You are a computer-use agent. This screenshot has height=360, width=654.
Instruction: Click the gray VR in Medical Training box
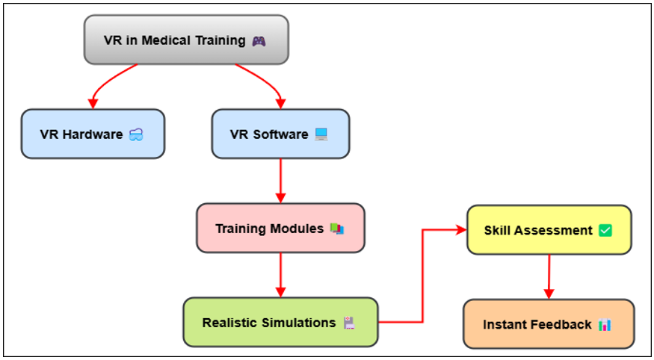pos(186,40)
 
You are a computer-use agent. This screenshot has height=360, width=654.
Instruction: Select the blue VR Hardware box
pos(93,134)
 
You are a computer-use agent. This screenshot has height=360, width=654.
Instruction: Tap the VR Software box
pos(280,134)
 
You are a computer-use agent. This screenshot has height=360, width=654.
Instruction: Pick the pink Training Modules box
pos(281,228)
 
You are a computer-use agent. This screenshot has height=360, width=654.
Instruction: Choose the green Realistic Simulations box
pos(281,322)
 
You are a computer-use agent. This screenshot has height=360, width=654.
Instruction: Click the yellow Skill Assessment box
pos(549,229)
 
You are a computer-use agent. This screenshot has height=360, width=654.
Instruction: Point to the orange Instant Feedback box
pos(549,323)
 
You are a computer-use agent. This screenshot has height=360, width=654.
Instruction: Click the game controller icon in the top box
pos(259,41)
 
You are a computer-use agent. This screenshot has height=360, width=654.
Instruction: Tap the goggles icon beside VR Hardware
pos(136,134)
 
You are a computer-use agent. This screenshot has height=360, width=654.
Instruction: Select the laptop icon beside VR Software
pos(321,134)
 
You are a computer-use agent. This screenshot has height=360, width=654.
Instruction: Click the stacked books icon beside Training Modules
pos(337,229)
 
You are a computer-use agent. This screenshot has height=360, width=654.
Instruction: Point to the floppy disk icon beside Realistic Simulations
pos(349,323)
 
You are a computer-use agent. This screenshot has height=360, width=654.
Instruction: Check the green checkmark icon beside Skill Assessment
pos(605,231)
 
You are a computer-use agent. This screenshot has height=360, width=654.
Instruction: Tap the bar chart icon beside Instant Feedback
pos(605,325)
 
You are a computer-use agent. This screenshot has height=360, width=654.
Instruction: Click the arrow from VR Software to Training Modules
pos(281,181)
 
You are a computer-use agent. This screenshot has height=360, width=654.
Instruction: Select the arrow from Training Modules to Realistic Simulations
pos(281,275)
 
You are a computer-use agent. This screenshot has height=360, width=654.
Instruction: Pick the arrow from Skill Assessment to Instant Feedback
pos(549,276)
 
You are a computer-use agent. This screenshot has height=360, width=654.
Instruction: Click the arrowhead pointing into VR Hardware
pos(93,104)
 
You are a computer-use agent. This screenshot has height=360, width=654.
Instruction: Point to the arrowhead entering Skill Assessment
pos(461,229)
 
